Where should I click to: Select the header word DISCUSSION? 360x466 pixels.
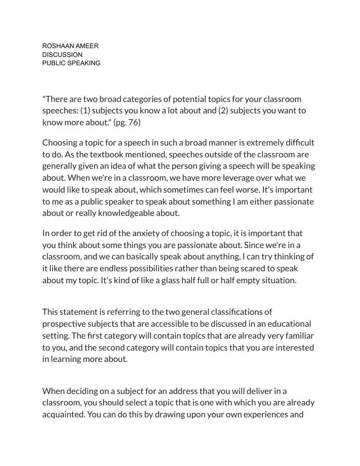pos(62,54)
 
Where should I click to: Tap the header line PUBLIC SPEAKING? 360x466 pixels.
pos(71,63)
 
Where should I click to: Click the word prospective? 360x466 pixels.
pos(63,324)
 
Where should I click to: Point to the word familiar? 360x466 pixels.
pos(299,336)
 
